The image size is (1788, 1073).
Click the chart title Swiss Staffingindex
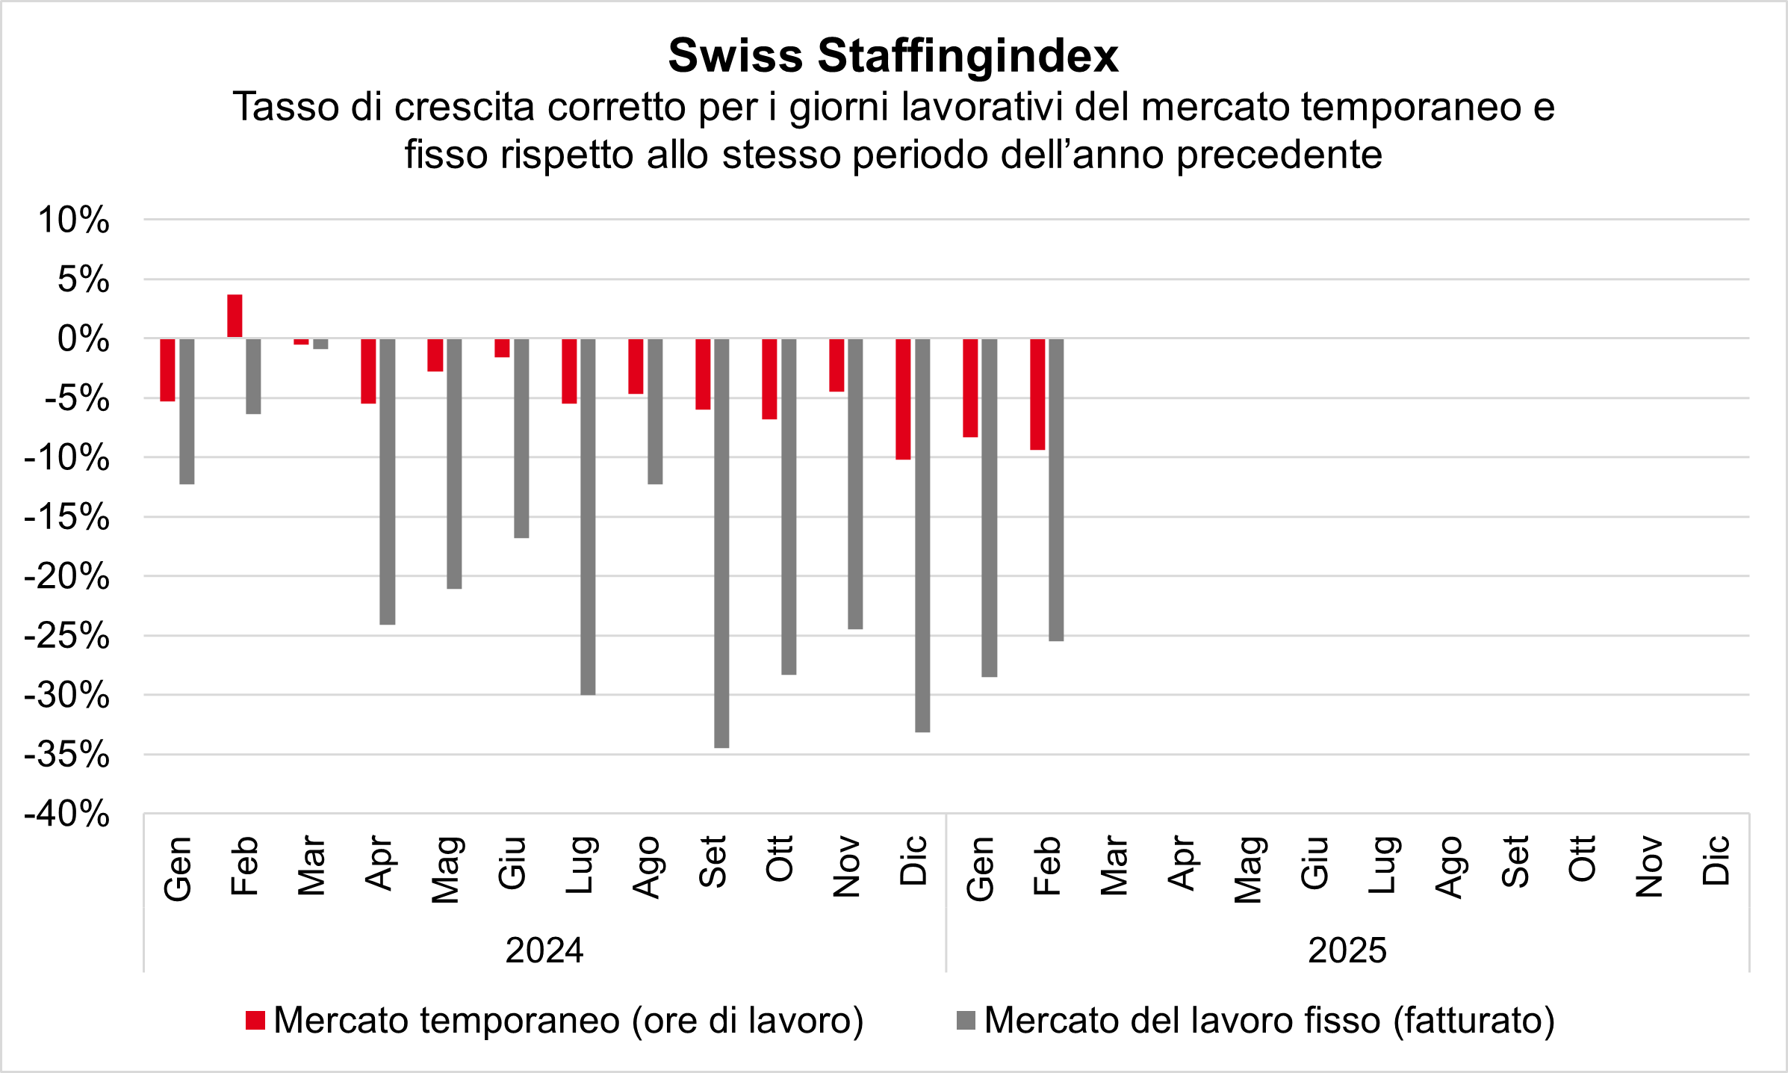click(x=893, y=55)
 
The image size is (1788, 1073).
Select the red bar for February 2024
click(x=235, y=316)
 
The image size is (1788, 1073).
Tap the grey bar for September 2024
click(x=721, y=542)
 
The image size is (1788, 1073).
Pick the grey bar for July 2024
click(x=588, y=516)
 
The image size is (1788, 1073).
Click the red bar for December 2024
click(x=904, y=399)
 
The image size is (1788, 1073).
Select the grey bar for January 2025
click(x=989, y=507)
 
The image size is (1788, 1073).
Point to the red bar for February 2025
click(x=1037, y=394)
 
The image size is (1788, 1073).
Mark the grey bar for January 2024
click(x=187, y=411)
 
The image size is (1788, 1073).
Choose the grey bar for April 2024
click(x=388, y=481)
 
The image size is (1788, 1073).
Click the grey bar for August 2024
click(x=655, y=411)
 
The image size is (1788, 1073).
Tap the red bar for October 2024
click(x=769, y=379)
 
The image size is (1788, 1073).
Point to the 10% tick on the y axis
click(x=73, y=220)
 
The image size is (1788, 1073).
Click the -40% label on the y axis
click(x=67, y=814)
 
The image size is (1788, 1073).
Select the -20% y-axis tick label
click(x=67, y=577)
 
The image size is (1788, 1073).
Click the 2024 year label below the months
click(x=544, y=950)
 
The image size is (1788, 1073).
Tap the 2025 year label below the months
click(x=1347, y=950)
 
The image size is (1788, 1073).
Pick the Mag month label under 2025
click(x=1248, y=869)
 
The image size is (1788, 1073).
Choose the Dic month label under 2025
click(x=1716, y=860)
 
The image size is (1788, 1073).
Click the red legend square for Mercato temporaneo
click(x=255, y=1021)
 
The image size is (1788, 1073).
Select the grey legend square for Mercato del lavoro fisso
click(x=966, y=1021)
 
